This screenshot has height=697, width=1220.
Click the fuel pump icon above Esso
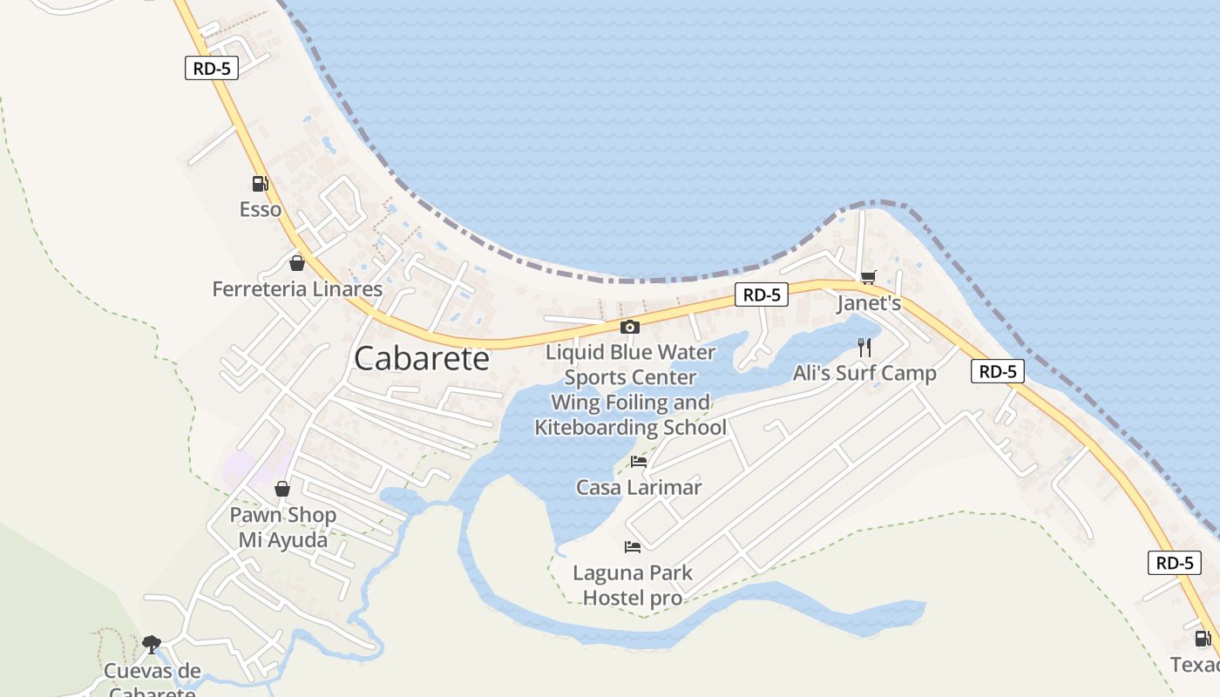point(260,184)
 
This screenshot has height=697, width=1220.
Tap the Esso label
point(261,210)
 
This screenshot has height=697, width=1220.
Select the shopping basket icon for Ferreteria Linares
point(297,263)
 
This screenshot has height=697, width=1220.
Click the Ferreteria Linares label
point(297,289)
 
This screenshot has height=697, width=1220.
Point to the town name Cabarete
point(422,359)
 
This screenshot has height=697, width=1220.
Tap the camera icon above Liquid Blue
point(629,328)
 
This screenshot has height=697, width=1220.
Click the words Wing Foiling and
point(630,403)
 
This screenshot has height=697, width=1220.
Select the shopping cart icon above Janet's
point(867,278)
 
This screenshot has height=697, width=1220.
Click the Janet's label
point(868,303)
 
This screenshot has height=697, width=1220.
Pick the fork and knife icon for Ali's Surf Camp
point(864,348)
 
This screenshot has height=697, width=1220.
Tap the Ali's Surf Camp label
point(864,374)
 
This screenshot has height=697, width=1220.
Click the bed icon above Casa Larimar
point(639,462)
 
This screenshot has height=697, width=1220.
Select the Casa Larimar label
point(639,487)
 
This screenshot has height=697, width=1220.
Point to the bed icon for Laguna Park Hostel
point(633,547)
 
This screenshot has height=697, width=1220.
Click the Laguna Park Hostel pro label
point(633,585)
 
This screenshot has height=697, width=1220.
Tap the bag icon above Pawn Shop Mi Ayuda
point(282,489)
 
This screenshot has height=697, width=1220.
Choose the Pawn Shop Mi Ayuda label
point(282,527)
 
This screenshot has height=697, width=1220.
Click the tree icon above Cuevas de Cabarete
point(152,645)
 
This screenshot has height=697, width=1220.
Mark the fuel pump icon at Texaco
point(1203,639)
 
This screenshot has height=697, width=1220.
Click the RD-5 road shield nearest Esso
point(212,68)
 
